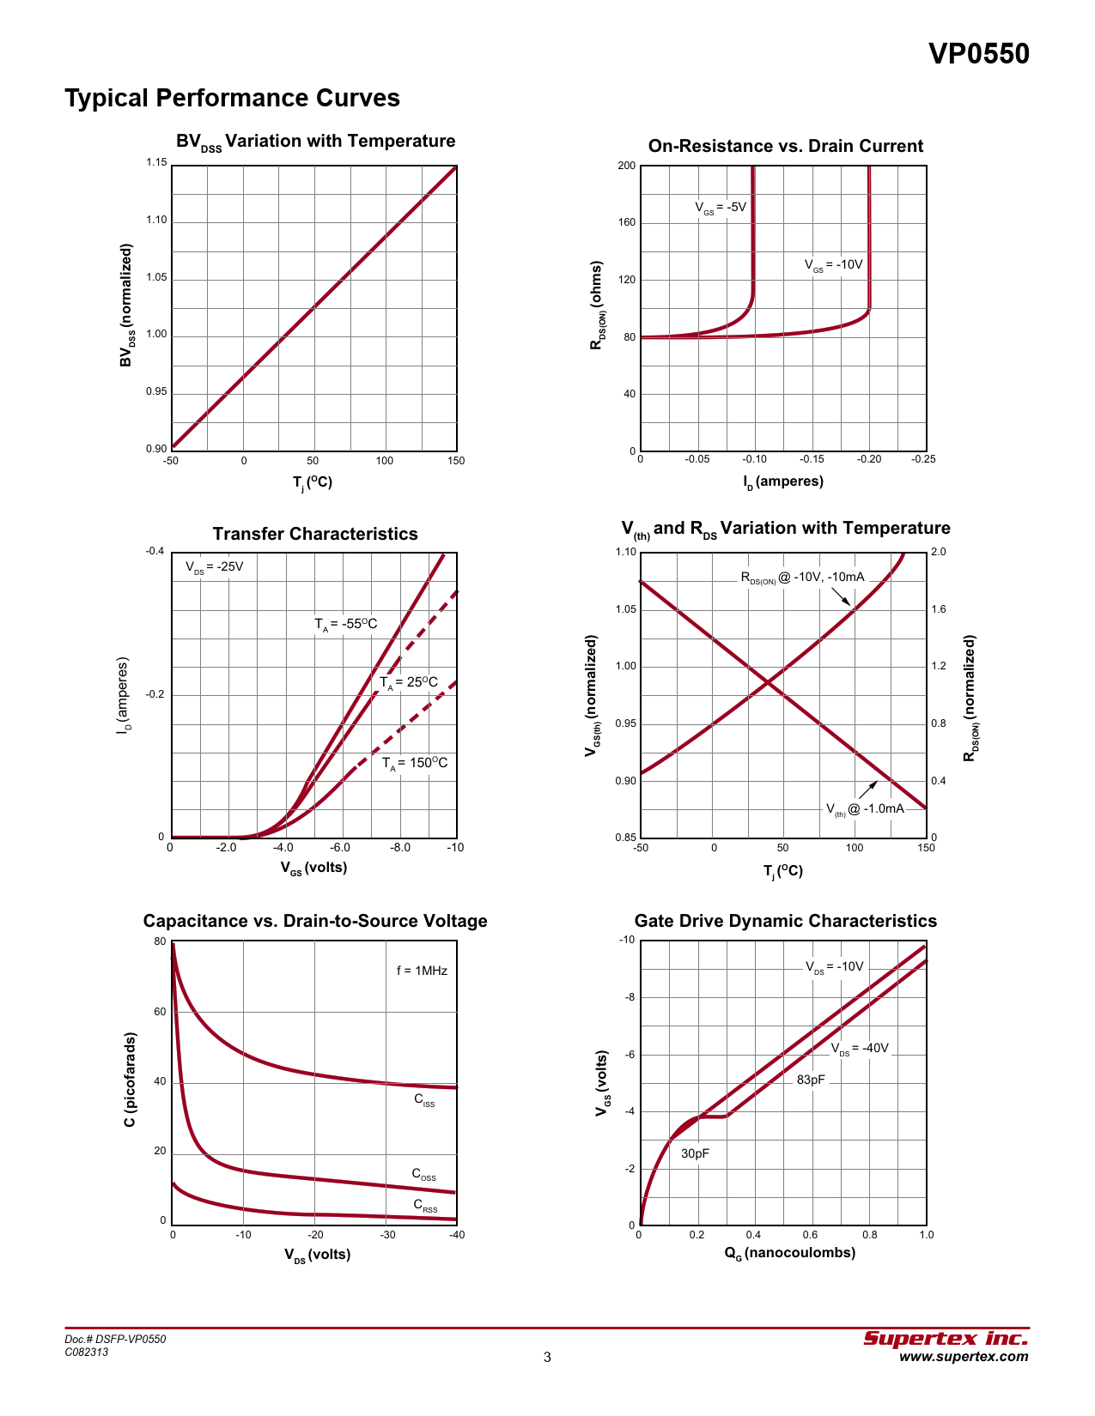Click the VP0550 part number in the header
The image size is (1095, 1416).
pyautogui.click(x=978, y=54)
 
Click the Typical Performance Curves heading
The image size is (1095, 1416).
pyautogui.click(x=232, y=98)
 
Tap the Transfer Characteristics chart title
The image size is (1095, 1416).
pyautogui.click(x=315, y=534)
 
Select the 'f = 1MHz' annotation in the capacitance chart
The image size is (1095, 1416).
pyautogui.click(x=422, y=971)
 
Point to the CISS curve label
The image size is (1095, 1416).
pyautogui.click(x=424, y=1100)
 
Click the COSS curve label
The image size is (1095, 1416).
pyautogui.click(x=423, y=1174)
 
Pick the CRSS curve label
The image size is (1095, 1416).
pyautogui.click(x=425, y=1206)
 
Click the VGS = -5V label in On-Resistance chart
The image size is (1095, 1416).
pyautogui.click(x=721, y=208)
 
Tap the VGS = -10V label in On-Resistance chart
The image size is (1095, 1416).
pyautogui.click(x=833, y=265)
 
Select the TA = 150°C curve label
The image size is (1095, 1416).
pyautogui.click(x=415, y=763)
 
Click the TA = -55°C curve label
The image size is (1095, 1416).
pyautogui.click(x=345, y=624)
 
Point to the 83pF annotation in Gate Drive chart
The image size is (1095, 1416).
pyautogui.click(x=811, y=1080)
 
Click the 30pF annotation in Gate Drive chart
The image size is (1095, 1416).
pyautogui.click(x=695, y=1153)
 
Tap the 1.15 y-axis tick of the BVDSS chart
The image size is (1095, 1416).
pyautogui.click(x=156, y=163)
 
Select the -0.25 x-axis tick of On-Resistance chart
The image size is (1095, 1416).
pyautogui.click(x=923, y=459)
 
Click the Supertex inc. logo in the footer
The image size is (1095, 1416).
pyautogui.click(x=945, y=1339)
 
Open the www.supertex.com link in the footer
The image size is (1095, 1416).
pyautogui.click(x=964, y=1357)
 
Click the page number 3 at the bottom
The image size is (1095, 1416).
pyautogui.click(x=547, y=1357)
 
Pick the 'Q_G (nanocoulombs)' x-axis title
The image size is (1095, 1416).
pyautogui.click(x=789, y=1253)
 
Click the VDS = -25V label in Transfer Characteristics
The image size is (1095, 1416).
pyautogui.click(x=214, y=567)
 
